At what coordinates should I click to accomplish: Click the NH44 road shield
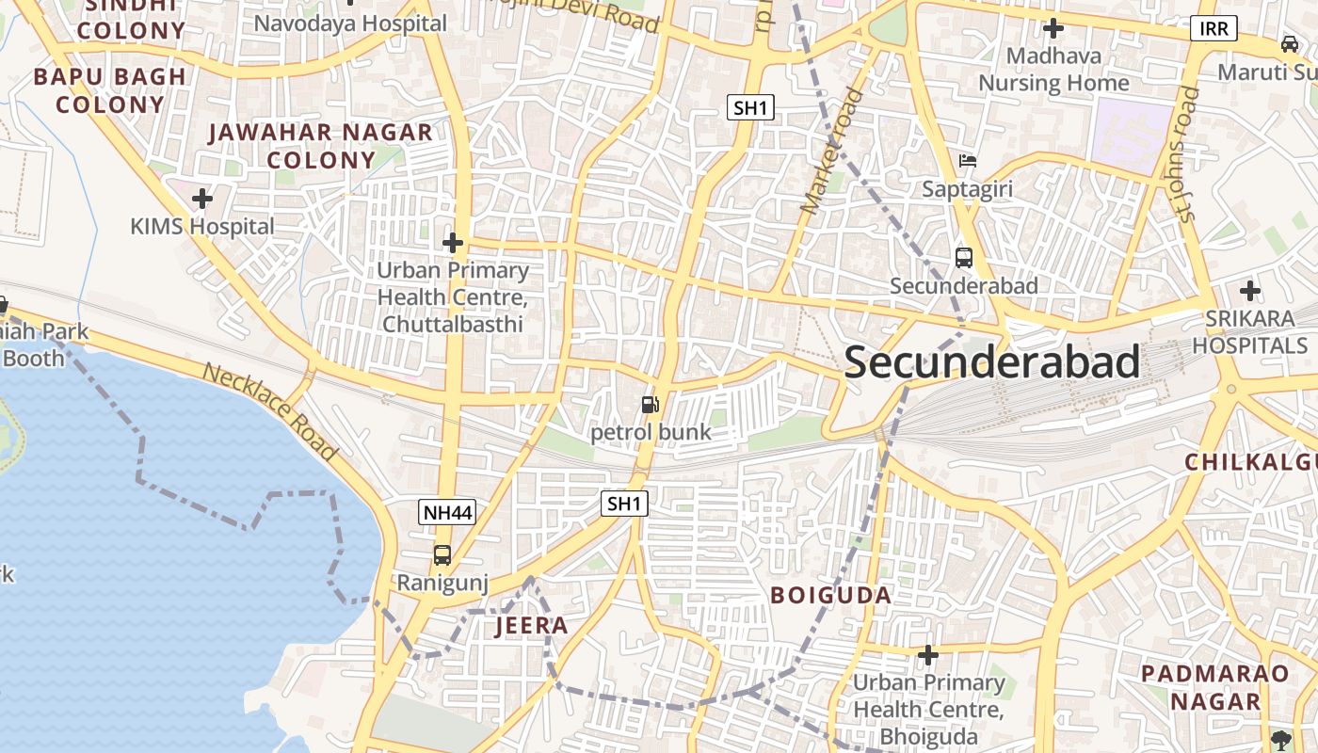447,512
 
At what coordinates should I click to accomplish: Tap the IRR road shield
1214,28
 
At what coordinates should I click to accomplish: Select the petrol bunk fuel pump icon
650,405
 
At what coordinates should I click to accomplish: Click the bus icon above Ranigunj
442,555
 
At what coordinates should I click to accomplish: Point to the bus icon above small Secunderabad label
963,257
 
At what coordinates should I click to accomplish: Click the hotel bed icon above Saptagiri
967,161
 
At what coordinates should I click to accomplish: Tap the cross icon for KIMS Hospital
201,199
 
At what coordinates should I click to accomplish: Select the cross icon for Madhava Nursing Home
1053,28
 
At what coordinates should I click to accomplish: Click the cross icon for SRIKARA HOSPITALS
1250,291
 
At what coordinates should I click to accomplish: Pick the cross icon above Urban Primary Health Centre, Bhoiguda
928,654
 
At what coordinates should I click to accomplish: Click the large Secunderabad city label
992,362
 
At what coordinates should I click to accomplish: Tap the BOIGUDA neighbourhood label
831,595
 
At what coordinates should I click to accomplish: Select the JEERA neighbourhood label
532,626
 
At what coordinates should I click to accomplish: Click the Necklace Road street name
270,411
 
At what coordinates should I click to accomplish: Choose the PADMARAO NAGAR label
1214,687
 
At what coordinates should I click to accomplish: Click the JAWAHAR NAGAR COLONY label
321,146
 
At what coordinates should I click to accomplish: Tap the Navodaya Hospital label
350,24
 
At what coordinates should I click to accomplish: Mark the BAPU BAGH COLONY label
110,90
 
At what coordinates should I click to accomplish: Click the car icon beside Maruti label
1289,43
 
